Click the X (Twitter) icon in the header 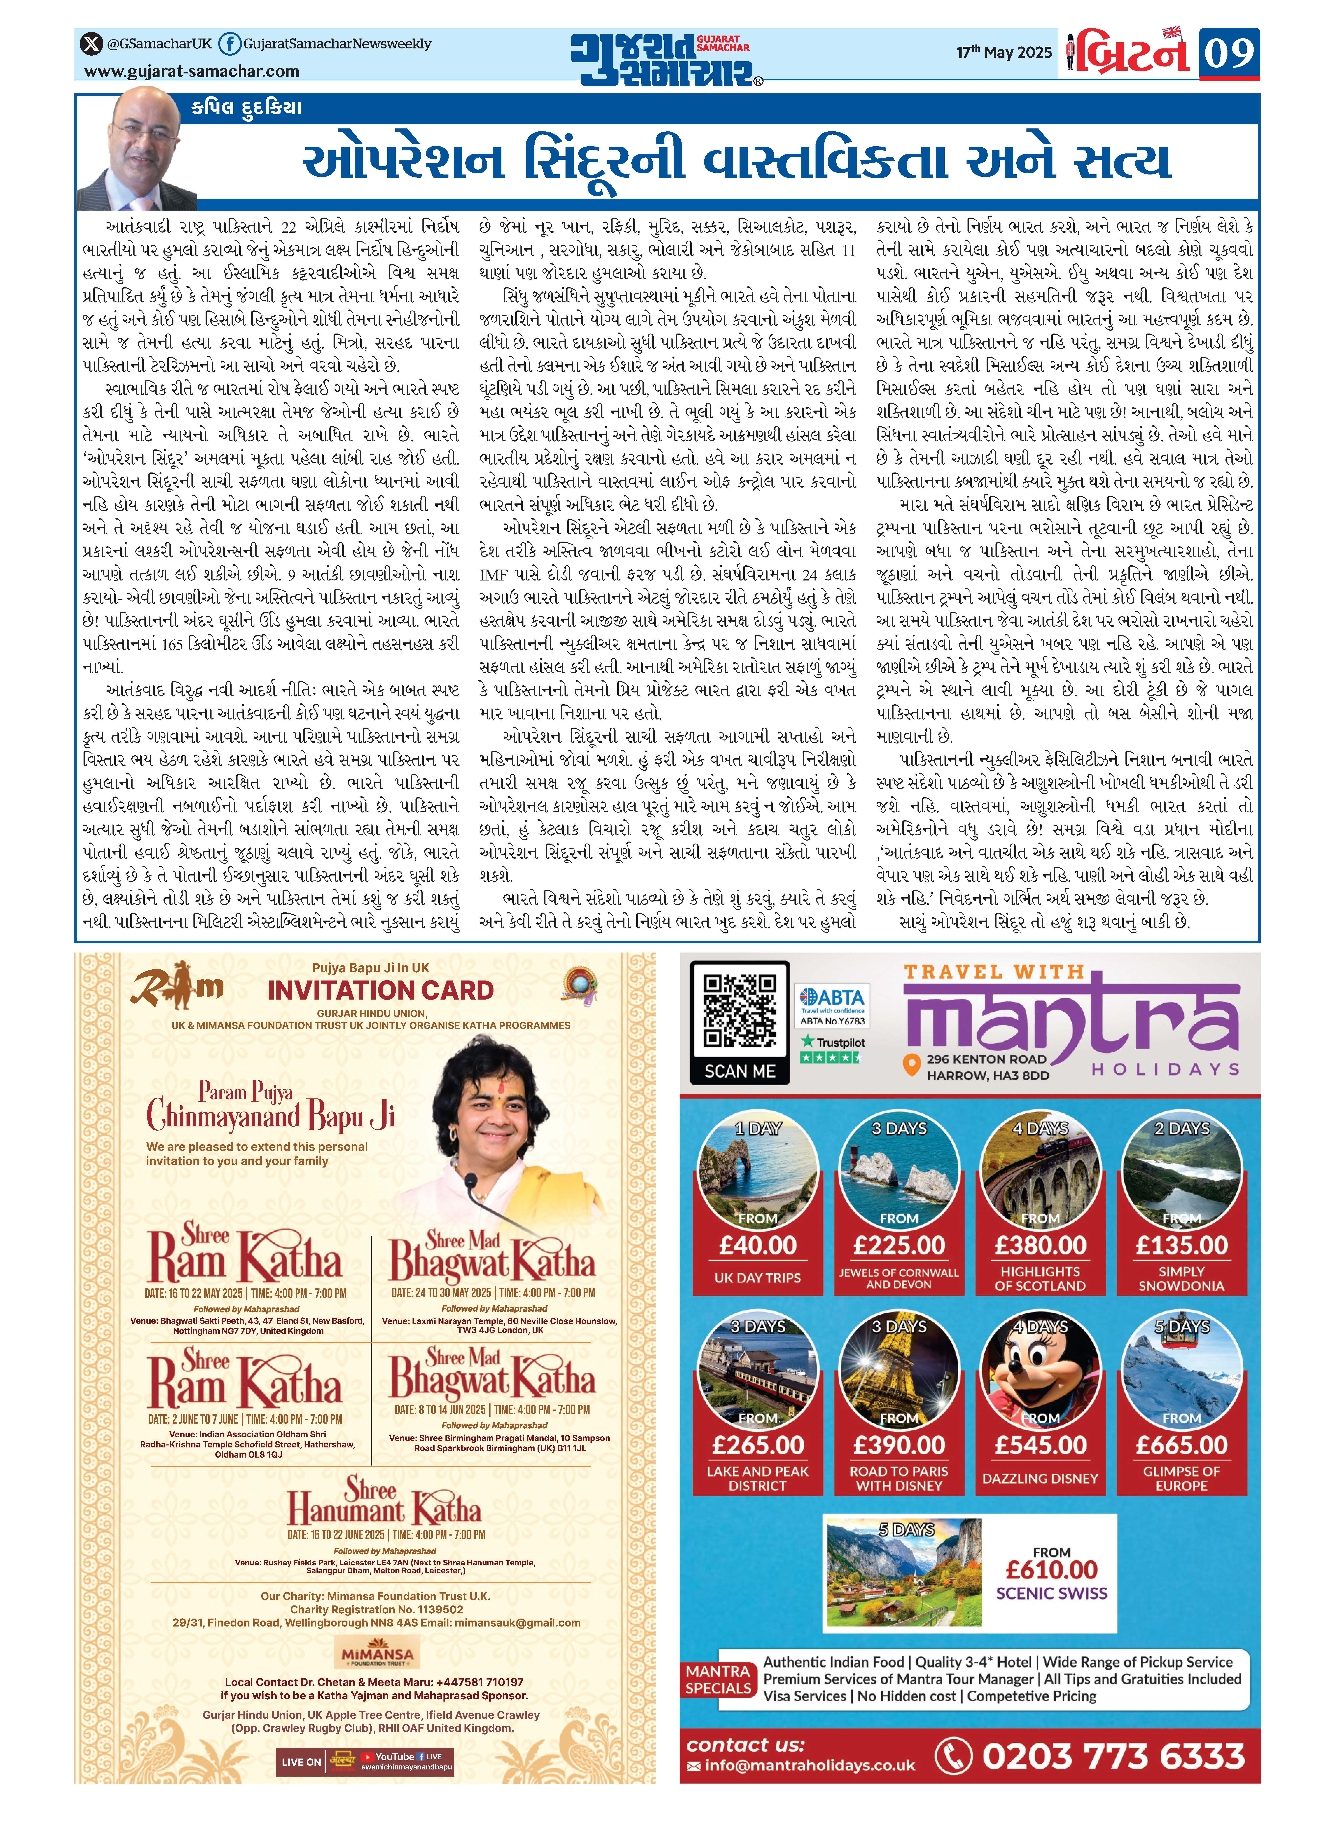point(91,44)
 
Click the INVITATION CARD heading point(380,990)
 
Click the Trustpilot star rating point(831,1057)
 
